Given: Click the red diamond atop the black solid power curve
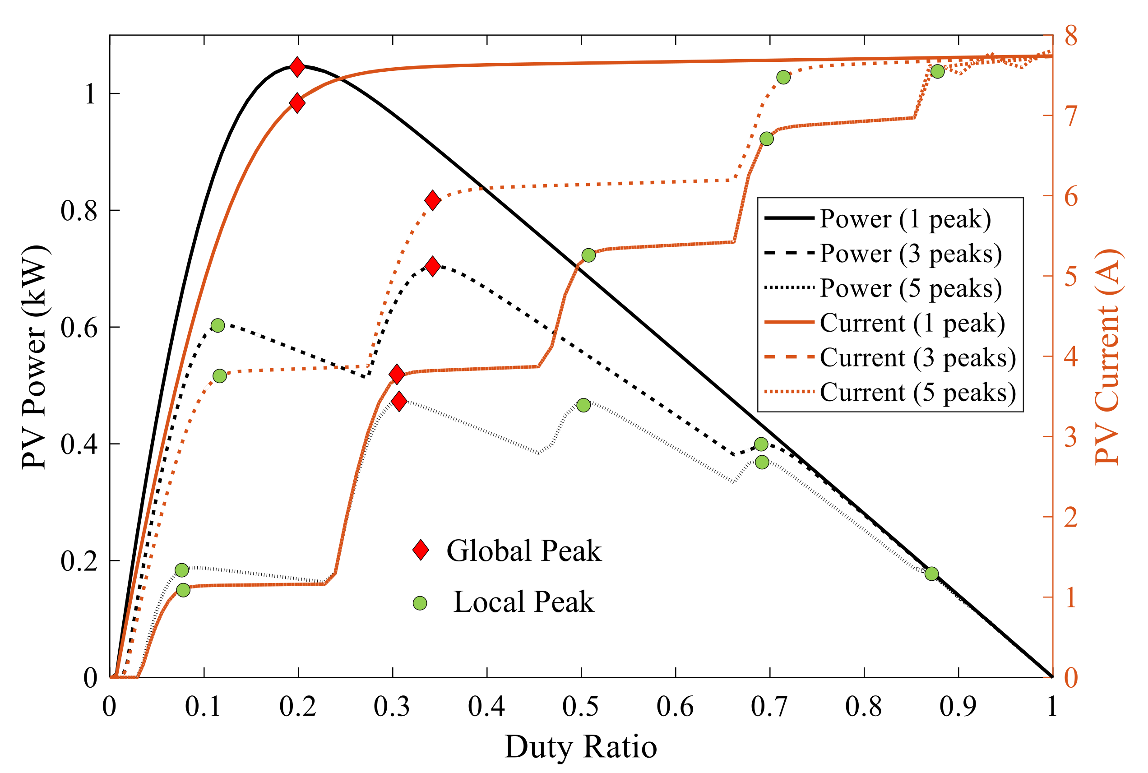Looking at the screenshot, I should coord(297,66).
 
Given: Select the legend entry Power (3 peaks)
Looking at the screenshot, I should coord(910,254).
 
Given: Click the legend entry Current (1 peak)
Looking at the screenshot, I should coord(912,323).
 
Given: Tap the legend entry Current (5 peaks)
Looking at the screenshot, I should coord(917,393).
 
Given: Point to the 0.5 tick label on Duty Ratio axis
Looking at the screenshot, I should coord(581,707).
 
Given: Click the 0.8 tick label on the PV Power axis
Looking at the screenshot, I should coord(79,210).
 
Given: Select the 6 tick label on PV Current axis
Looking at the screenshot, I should coord(1071,197).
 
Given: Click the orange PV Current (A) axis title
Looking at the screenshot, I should coord(1107,357).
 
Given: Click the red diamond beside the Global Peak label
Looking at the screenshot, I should coord(421,550).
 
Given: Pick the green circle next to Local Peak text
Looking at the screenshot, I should coord(420,603).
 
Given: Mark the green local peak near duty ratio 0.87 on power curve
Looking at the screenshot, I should coord(931,574).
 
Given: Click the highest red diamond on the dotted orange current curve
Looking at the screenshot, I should coord(432,200).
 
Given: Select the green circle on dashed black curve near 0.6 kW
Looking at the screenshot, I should coord(218,325).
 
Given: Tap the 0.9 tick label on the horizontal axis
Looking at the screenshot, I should coord(958,707).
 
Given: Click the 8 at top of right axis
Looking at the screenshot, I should coord(1071,37).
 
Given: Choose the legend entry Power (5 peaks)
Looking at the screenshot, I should coord(910,288).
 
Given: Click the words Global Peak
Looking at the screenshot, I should coord(523,551).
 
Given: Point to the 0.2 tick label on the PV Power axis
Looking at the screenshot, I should coord(79,561).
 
